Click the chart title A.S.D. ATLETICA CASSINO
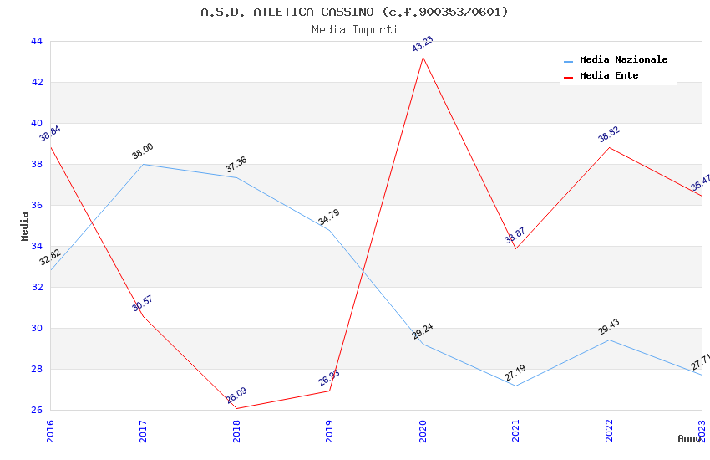coord(354,12)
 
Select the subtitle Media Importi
coord(354,29)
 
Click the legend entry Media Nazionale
coord(623,60)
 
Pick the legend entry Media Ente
coord(609,76)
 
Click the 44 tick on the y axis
coord(36,41)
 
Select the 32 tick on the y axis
coord(36,287)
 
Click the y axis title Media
coord(25,226)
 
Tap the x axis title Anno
coord(689,438)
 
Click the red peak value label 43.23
coord(423,44)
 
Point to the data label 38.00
coord(143,151)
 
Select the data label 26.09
coord(236,396)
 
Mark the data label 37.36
coord(236,165)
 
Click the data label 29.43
coord(609,327)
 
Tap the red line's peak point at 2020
coord(423,57)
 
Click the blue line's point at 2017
coord(144,164)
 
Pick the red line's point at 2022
coord(609,147)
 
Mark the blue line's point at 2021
coord(515,386)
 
